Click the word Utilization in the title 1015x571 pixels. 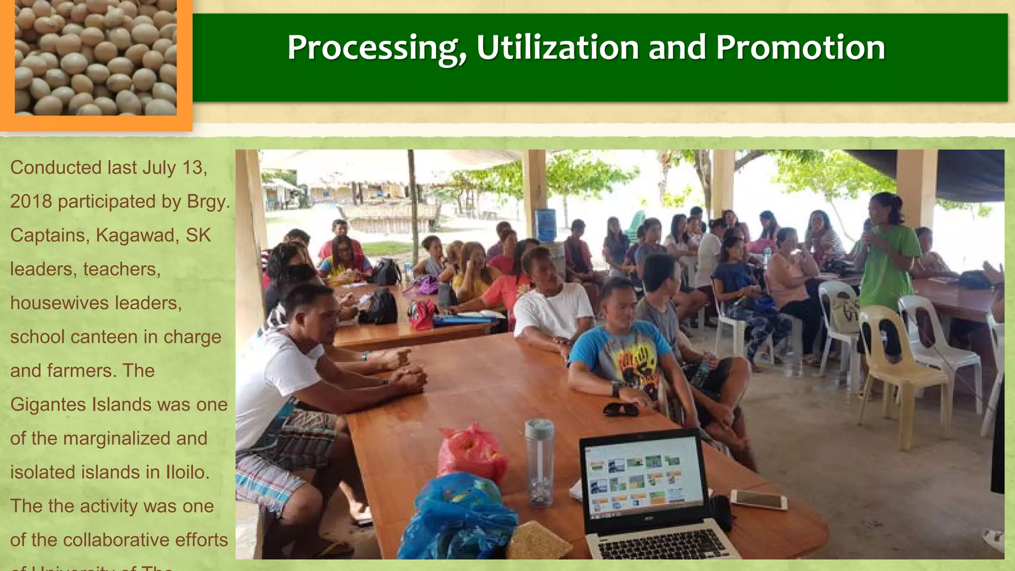(557, 48)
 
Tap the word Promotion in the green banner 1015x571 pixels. (800, 48)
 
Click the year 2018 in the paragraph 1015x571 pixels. (31, 202)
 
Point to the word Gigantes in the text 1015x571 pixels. (48, 405)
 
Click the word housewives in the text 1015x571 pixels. (59, 303)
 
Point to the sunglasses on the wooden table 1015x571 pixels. (621, 409)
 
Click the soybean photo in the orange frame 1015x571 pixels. (96, 58)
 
